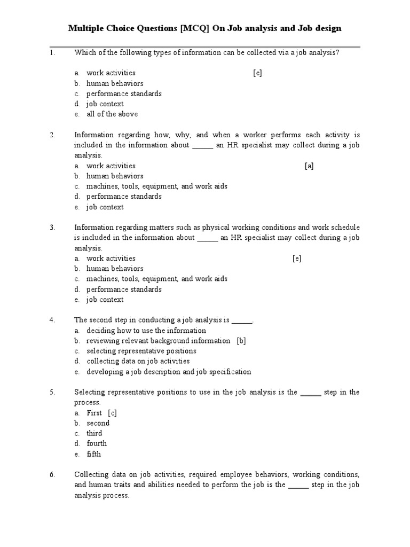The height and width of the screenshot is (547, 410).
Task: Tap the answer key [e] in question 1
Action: click(x=257, y=73)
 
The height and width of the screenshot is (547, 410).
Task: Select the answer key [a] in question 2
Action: click(x=309, y=166)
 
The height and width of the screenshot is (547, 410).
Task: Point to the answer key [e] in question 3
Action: click(x=297, y=259)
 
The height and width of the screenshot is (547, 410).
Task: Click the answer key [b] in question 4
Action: click(x=241, y=341)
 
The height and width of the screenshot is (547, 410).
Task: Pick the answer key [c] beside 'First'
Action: click(x=112, y=413)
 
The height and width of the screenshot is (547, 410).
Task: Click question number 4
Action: click(x=52, y=320)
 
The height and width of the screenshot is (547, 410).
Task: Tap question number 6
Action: click(x=52, y=474)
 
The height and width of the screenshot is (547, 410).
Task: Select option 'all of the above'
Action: click(x=112, y=114)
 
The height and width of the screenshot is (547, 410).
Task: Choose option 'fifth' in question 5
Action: click(x=93, y=454)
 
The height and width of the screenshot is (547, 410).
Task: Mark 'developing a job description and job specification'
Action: click(x=169, y=372)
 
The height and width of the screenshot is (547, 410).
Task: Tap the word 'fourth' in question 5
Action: click(x=97, y=443)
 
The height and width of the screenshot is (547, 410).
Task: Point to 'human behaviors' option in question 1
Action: click(x=115, y=83)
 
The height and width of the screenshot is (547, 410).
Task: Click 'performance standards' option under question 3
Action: click(x=124, y=290)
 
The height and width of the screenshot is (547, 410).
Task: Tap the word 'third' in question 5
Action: click(x=94, y=433)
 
